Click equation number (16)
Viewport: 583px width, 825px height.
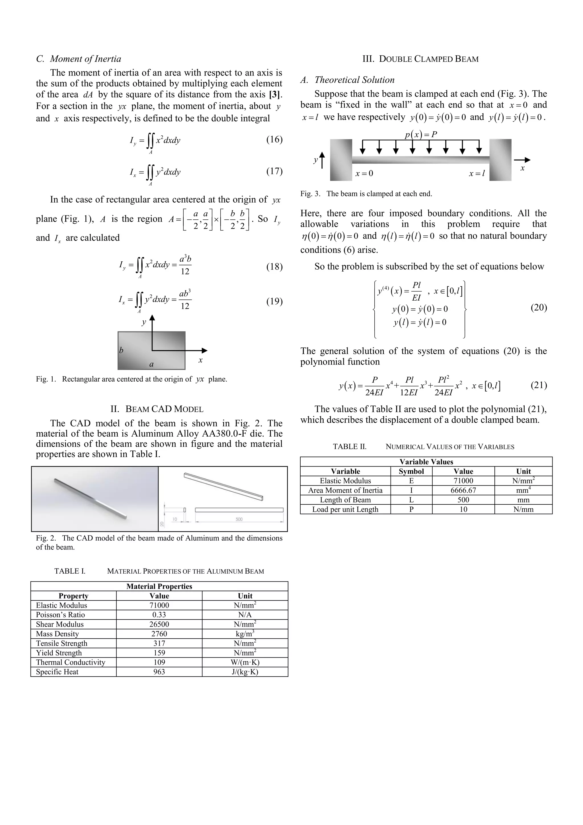(274, 140)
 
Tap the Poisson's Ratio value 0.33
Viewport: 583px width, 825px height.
(159, 615)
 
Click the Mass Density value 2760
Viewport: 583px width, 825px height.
(159, 634)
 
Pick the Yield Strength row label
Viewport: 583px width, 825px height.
(59, 653)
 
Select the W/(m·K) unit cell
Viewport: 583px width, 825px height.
(245, 662)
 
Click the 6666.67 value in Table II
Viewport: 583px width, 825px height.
(463, 490)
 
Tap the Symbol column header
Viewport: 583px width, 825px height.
(411, 471)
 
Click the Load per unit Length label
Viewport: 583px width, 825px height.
(345, 509)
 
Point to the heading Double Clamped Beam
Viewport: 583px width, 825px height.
(420, 59)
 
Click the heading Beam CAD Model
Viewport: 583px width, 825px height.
(157, 409)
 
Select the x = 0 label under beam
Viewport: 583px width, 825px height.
(364, 174)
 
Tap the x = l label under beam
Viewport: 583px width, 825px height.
(477, 174)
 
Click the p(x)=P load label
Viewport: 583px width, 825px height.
(420, 135)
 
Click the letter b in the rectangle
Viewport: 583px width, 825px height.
(121, 350)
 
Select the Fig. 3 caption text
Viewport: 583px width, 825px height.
(366, 194)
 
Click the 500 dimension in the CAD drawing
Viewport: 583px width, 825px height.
(239, 519)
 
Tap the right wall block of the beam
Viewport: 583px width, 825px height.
(500, 160)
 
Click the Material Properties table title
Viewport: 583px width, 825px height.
(159, 586)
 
